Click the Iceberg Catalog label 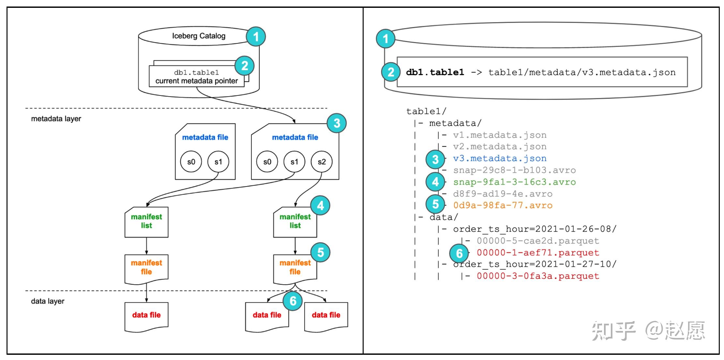(x=199, y=36)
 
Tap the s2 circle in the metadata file (x=322, y=162)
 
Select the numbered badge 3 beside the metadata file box (x=337, y=123)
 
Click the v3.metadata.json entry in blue (x=500, y=158)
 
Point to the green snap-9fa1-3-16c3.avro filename (x=514, y=182)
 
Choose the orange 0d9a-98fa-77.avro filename (x=503, y=205)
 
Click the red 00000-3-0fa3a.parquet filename (x=538, y=276)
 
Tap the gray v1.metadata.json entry (x=500, y=135)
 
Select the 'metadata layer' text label (x=56, y=119)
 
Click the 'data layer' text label (x=48, y=301)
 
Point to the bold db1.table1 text (x=435, y=72)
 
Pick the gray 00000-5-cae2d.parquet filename (x=538, y=241)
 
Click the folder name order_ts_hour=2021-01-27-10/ (x=535, y=264)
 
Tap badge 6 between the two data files (x=293, y=301)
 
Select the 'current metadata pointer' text (x=197, y=81)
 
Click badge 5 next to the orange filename (x=435, y=204)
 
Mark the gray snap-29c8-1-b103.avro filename (x=514, y=170)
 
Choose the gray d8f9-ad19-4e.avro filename (x=503, y=194)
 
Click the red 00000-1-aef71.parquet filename (x=538, y=253)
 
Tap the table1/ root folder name (x=426, y=112)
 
